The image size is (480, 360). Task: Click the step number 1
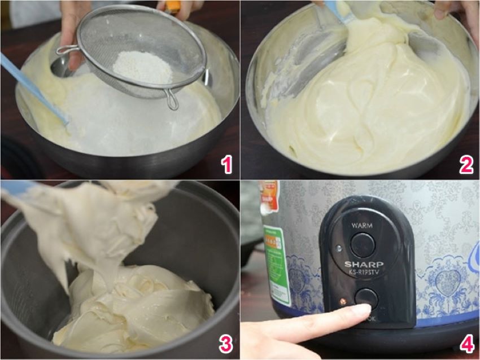pyautogui.click(x=226, y=165)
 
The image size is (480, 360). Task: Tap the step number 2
pyautogui.click(x=465, y=165)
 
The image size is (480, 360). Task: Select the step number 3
pyautogui.click(x=226, y=343)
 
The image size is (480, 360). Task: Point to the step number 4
pyautogui.click(x=465, y=343)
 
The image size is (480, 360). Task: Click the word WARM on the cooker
pyautogui.click(x=362, y=225)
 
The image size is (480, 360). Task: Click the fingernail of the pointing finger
pyautogui.click(x=361, y=310)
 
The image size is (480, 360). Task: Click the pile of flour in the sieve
pyautogui.click(x=142, y=67)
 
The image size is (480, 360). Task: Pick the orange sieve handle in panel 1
pyautogui.click(x=172, y=7)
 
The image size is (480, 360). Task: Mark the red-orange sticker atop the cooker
pyautogui.click(x=269, y=195)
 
